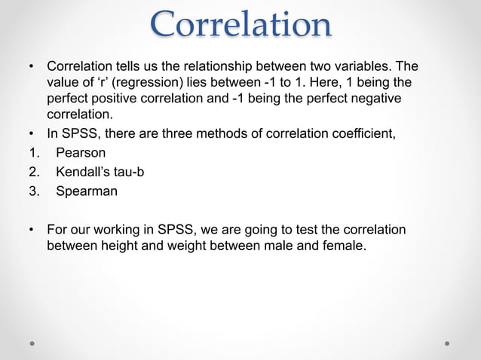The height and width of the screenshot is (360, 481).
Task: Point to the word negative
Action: click(x=367, y=99)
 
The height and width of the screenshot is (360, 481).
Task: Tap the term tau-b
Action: click(x=129, y=172)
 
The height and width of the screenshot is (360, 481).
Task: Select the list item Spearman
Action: click(x=87, y=191)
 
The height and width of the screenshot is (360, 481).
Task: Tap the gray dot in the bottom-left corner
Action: click(x=33, y=343)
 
